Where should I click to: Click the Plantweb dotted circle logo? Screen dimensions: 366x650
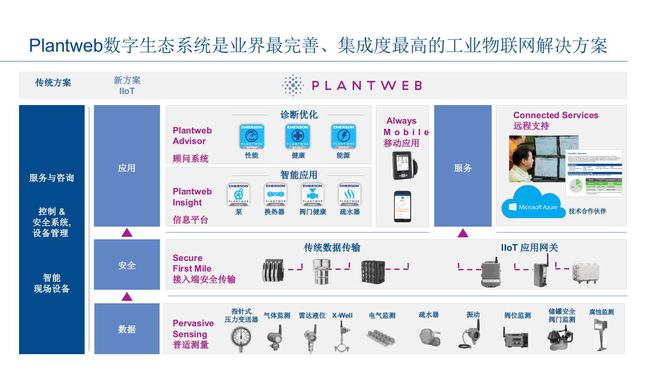293,86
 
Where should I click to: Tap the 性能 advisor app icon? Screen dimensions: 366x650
252,136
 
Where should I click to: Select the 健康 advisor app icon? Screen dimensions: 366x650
298,136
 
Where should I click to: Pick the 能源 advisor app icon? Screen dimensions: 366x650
344,136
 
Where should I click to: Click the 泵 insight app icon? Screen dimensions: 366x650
239,195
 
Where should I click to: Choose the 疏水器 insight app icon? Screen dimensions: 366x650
350,195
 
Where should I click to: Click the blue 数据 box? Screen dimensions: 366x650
127,329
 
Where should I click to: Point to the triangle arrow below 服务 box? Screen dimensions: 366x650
463,233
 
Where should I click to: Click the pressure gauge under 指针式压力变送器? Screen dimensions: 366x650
241,338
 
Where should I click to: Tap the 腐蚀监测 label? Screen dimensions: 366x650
601,312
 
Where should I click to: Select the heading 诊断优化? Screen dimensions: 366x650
299,115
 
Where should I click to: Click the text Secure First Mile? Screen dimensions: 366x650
192,263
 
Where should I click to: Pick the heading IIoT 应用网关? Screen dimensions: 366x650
529,248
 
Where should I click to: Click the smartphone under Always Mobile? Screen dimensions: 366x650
402,206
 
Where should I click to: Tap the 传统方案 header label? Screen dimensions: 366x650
53,83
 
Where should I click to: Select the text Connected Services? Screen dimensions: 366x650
556,115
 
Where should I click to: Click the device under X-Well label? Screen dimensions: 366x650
342,337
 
